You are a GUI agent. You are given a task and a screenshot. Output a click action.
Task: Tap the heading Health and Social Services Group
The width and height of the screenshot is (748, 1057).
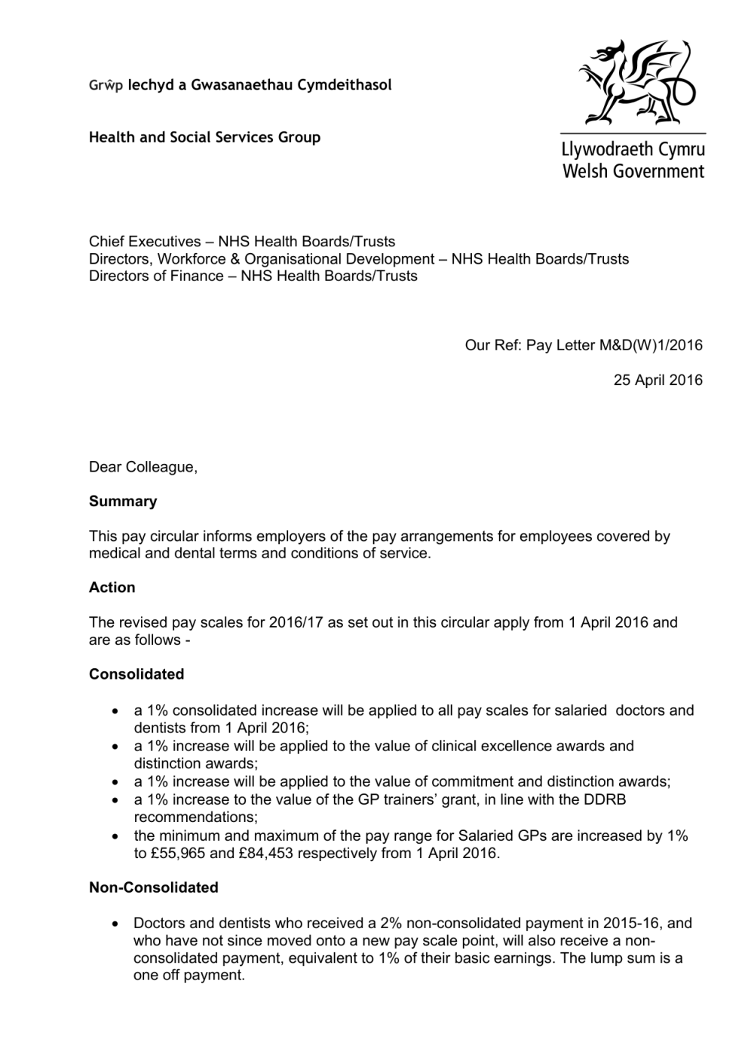click(204, 137)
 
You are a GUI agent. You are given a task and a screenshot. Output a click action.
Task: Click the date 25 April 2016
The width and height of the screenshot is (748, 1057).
click(658, 380)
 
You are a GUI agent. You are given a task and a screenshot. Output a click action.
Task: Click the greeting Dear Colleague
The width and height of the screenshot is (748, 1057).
click(143, 467)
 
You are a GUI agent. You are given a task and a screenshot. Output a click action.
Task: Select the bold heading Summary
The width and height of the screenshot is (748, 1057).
click(123, 502)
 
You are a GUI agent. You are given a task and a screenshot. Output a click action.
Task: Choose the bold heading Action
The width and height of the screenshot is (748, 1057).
click(112, 588)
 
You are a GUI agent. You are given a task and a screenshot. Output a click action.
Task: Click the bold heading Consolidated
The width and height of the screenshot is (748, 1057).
click(136, 674)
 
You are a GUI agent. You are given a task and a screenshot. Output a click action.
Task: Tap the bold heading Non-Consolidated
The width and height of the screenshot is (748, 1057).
click(154, 887)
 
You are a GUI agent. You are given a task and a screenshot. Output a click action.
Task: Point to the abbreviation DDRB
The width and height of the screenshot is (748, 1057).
click(604, 799)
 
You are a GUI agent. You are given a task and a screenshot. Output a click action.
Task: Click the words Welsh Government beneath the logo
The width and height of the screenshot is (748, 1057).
click(633, 172)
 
